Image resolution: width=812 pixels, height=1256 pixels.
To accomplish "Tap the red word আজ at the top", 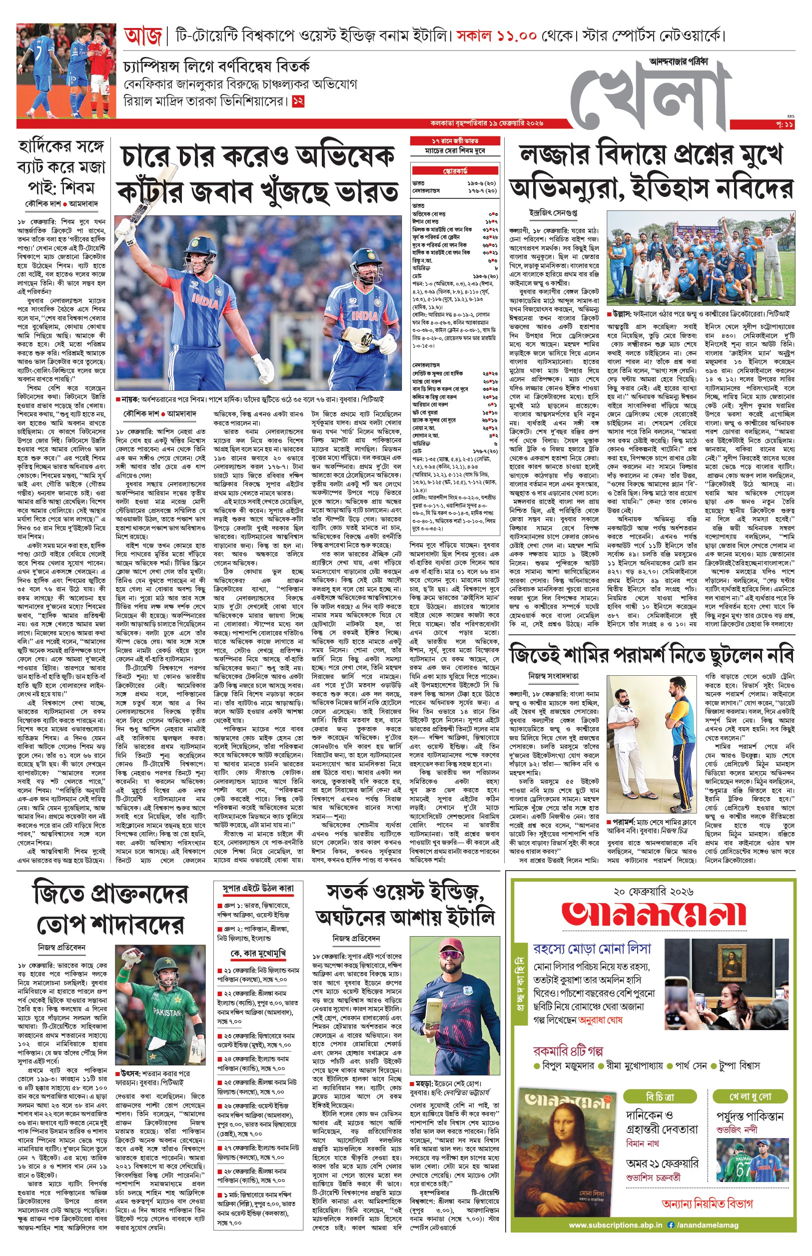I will click(x=143, y=37).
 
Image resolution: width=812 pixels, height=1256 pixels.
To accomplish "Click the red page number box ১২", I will click(x=298, y=101).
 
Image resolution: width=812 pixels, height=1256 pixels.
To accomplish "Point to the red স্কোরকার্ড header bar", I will click(x=455, y=171).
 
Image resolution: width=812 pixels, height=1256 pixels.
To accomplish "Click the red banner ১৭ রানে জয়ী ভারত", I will click(x=455, y=141).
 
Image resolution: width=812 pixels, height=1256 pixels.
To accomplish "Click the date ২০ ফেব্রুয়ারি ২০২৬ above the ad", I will click(x=653, y=892).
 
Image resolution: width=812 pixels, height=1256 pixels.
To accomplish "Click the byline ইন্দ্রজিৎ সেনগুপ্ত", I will click(x=553, y=212).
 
